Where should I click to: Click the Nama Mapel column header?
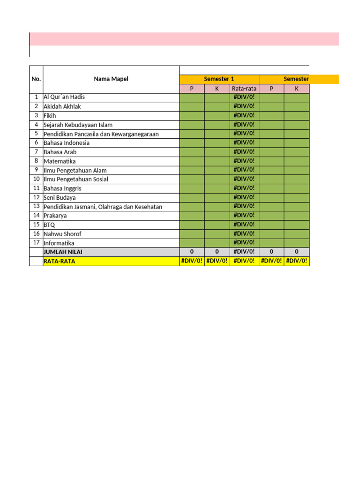pos(111,79)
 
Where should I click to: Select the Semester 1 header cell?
pos(219,79)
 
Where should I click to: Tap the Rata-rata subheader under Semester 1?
pos(244,89)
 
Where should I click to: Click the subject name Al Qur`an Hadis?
pos(64,97)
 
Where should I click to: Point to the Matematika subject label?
pos(60,161)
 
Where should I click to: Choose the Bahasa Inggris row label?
pos(62,188)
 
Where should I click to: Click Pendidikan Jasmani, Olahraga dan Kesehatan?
pos(103,207)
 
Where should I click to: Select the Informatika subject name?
pos(59,243)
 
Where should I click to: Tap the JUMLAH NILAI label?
pos(63,252)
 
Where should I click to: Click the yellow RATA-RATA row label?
pos(59,261)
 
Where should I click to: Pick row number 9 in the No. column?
pos(36,170)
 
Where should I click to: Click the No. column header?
pos(36,79)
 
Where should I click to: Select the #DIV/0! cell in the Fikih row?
pos(244,115)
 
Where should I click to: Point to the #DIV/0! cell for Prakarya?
pos(244,215)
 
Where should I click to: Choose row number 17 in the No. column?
pos(36,243)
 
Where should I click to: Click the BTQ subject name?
pos(49,225)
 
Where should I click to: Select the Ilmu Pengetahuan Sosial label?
pos(76,180)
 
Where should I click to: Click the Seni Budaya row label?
pos(60,198)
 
